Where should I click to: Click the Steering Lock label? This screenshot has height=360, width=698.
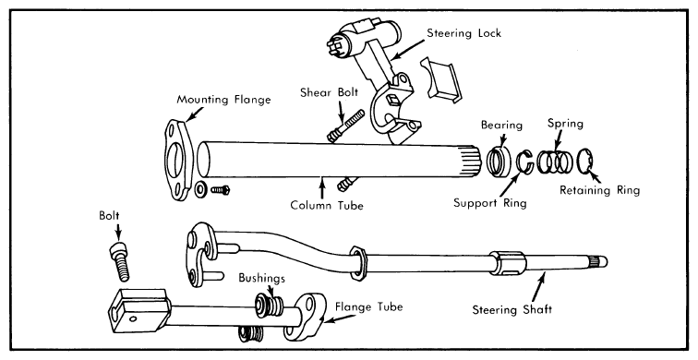(x=463, y=33)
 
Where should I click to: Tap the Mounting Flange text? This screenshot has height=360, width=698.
(x=223, y=100)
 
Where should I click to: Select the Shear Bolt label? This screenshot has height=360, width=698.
(x=329, y=92)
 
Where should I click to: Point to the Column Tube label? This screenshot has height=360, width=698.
(x=327, y=205)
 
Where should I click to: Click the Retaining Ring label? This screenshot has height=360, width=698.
(x=599, y=190)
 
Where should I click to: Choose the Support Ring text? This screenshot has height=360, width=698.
(x=489, y=203)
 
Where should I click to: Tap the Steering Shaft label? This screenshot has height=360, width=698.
(x=511, y=310)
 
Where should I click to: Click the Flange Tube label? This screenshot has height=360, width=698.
(x=368, y=307)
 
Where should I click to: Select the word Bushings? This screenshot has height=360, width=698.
(x=261, y=279)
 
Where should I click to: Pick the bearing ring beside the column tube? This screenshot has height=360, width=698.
(x=499, y=161)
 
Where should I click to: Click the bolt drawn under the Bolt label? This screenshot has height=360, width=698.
(x=119, y=262)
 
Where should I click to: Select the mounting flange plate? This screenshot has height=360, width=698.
(x=178, y=160)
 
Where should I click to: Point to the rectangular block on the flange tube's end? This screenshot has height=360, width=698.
(x=138, y=310)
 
